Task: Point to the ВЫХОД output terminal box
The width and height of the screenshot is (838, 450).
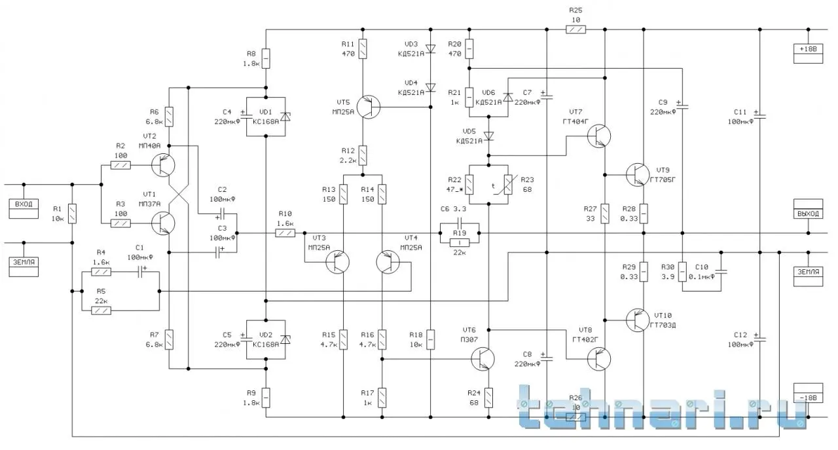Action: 808,214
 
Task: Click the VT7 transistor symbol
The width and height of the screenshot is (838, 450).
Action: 598,136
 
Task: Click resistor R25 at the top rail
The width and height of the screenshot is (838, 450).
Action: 576,29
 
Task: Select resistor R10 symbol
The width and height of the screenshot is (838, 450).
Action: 285,233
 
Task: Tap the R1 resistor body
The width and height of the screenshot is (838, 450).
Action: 72,214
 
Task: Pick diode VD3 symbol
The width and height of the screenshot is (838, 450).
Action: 430,48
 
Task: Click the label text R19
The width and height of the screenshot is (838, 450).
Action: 459,232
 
